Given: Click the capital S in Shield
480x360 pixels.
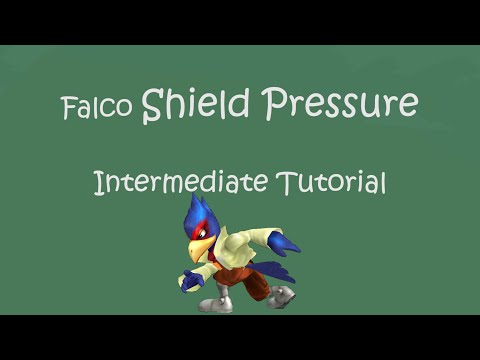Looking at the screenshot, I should tap(152, 104).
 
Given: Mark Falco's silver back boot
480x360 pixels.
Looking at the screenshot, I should tap(283, 296).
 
